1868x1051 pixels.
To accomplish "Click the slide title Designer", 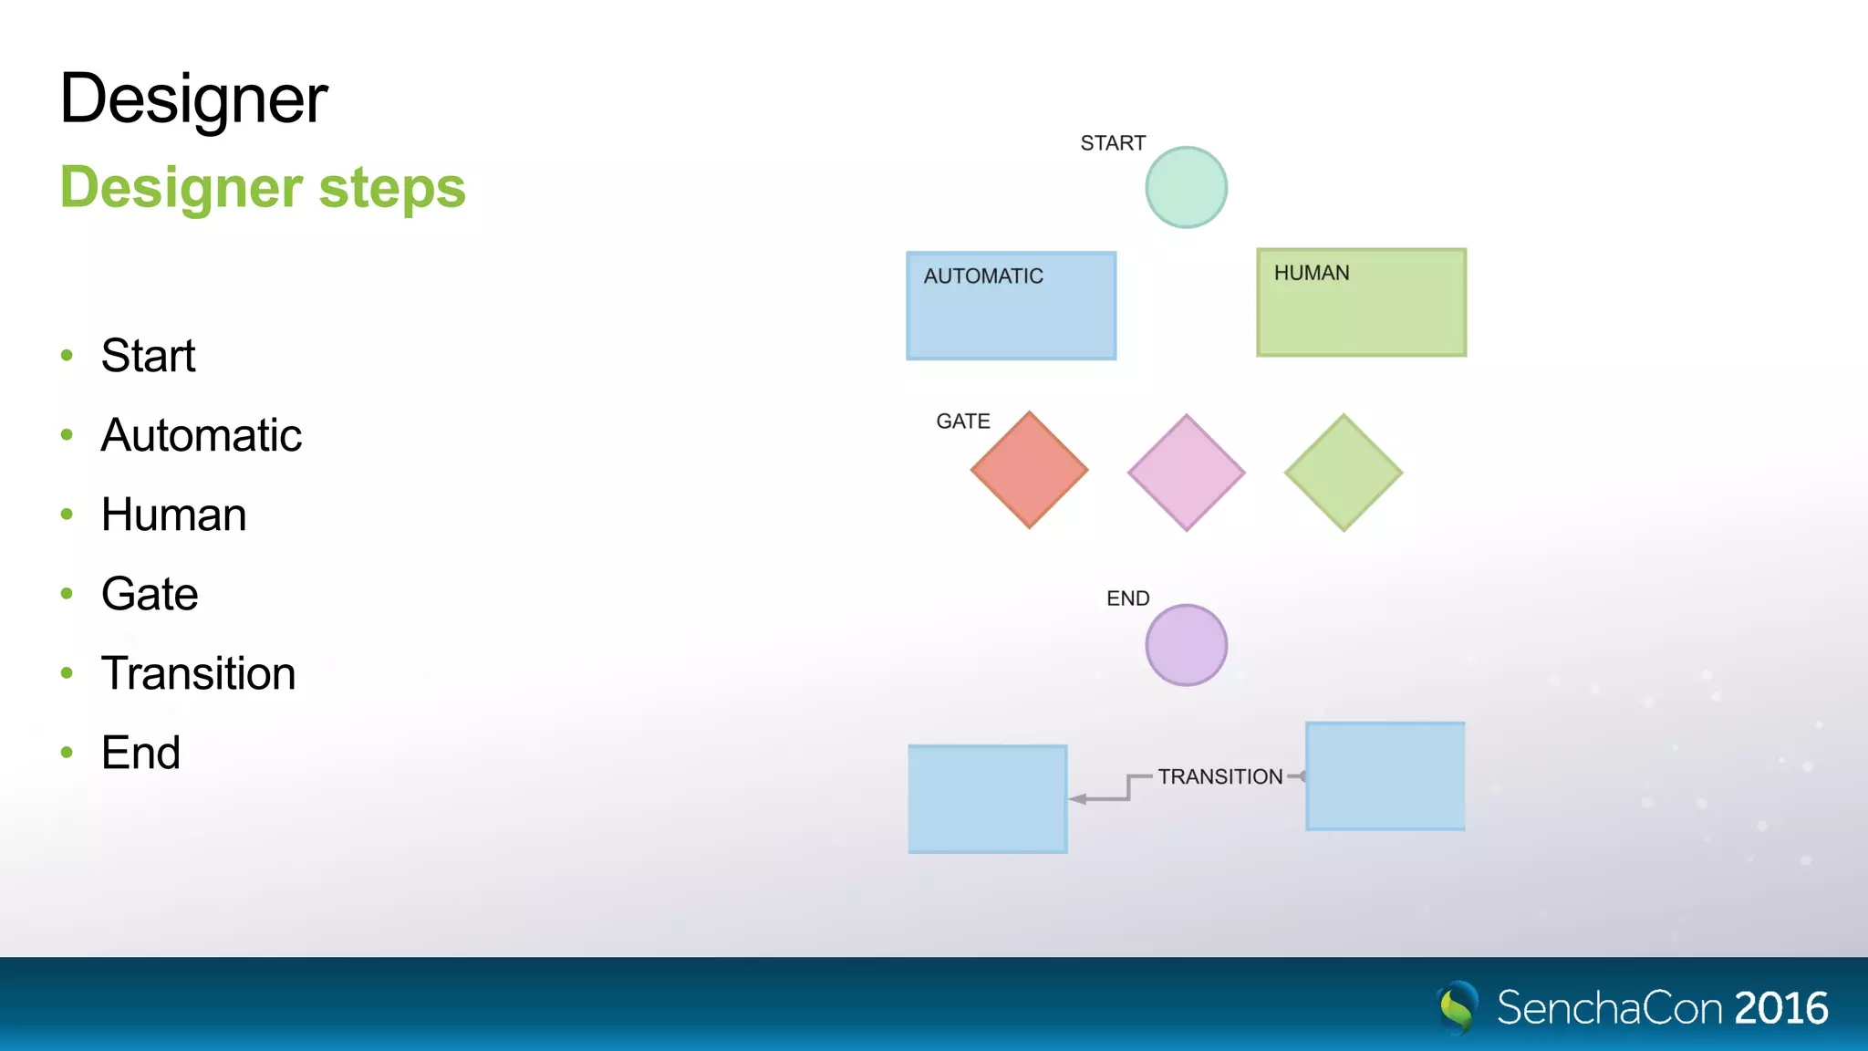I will click(x=193, y=99).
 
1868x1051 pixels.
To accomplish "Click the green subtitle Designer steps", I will click(x=263, y=187).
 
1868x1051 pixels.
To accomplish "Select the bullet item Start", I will click(x=148, y=355).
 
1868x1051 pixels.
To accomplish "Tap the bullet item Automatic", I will click(x=201, y=434).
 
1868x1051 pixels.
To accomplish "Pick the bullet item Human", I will click(x=173, y=514).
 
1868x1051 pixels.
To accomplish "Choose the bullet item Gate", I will click(x=150, y=593).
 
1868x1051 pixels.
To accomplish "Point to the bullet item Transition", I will click(x=198, y=673).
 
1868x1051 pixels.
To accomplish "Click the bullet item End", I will click(x=140, y=753).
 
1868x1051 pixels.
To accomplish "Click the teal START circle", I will click(x=1186, y=187).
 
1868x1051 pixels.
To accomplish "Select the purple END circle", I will click(x=1186, y=645).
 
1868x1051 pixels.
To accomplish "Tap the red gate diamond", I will click(x=1029, y=470).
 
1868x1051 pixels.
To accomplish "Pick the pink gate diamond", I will click(x=1186, y=473).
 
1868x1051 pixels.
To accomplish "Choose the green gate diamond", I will click(x=1343, y=473).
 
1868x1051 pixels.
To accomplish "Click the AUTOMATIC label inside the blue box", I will click(x=983, y=276).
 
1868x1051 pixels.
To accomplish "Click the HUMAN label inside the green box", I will click(x=1312, y=273).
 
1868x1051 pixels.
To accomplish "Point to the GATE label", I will click(x=962, y=421).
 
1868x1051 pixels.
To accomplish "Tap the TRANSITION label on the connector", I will click(x=1220, y=776).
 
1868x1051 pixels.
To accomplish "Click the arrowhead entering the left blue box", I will click(x=1078, y=799).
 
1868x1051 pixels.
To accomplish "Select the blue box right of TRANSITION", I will click(x=1385, y=776).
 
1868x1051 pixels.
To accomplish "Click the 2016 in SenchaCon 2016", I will click(x=1780, y=1008).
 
